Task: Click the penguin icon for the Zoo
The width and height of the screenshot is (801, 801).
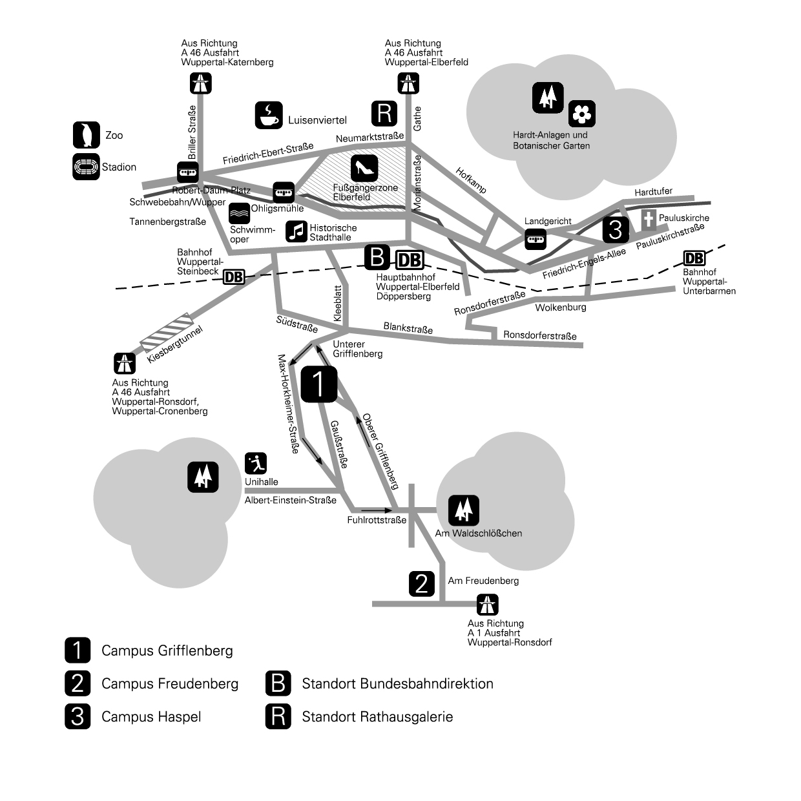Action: click(x=87, y=135)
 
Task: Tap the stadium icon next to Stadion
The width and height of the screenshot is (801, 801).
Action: click(x=86, y=167)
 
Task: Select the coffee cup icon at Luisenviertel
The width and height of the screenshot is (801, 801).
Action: click(x=269, y=115)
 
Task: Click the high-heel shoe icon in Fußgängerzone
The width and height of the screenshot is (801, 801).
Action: click(x=364, y=169)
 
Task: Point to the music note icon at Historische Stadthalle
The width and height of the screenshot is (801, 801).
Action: click(x=296, y=231)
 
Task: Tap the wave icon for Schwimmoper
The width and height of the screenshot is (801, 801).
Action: click(x=240, y=213)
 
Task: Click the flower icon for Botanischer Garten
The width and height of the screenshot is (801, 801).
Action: click(x=582, y=114)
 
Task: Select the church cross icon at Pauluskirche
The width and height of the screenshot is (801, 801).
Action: click(x=649, y=220)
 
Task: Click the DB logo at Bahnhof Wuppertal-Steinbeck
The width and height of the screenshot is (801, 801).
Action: click(x=234, y=277)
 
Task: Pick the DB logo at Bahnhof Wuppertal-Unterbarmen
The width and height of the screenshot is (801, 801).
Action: click(x=694, y=258)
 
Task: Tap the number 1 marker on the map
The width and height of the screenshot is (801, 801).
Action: click(x=319, y=384)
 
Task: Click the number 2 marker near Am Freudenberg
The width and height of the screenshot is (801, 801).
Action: click(x=422, y=584)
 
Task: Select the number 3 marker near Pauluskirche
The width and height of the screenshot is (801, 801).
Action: click(x=616, y=229)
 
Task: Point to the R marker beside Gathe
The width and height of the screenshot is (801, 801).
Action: click(x=384, y=113)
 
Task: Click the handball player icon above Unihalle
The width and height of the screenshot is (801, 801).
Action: click(x=256, y=463)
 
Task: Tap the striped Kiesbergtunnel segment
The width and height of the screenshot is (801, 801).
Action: click(x=167, y=332)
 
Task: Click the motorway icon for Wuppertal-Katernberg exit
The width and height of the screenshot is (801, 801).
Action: click(x=201, y=83)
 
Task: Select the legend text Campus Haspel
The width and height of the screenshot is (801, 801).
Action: click(x=151, y=717)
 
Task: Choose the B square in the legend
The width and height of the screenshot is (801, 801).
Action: click(x=278, y=683)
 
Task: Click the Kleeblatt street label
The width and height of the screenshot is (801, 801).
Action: click(x=338, y=304)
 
